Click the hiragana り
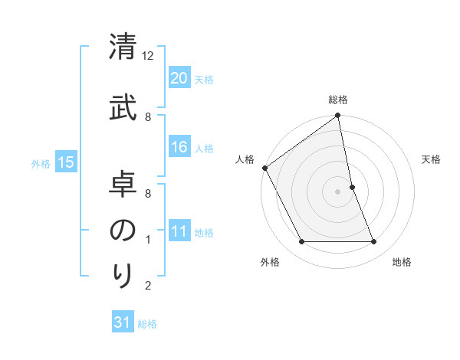[123, 274]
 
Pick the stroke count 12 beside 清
[148, 56]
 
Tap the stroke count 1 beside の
[148, 240]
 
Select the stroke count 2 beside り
[148, 286]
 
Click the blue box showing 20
[179, 78]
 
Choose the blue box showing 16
[179, 147]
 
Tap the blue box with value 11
[179, 231]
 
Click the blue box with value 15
[65, 162]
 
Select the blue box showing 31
[123, 322]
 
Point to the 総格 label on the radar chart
[338, 100]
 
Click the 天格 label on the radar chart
[432, 159]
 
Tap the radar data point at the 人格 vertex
[264, 168]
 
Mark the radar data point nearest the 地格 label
[374, 242]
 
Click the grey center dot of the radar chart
[338, 191]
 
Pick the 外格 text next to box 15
[41, 163]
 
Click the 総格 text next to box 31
[147, 324]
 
